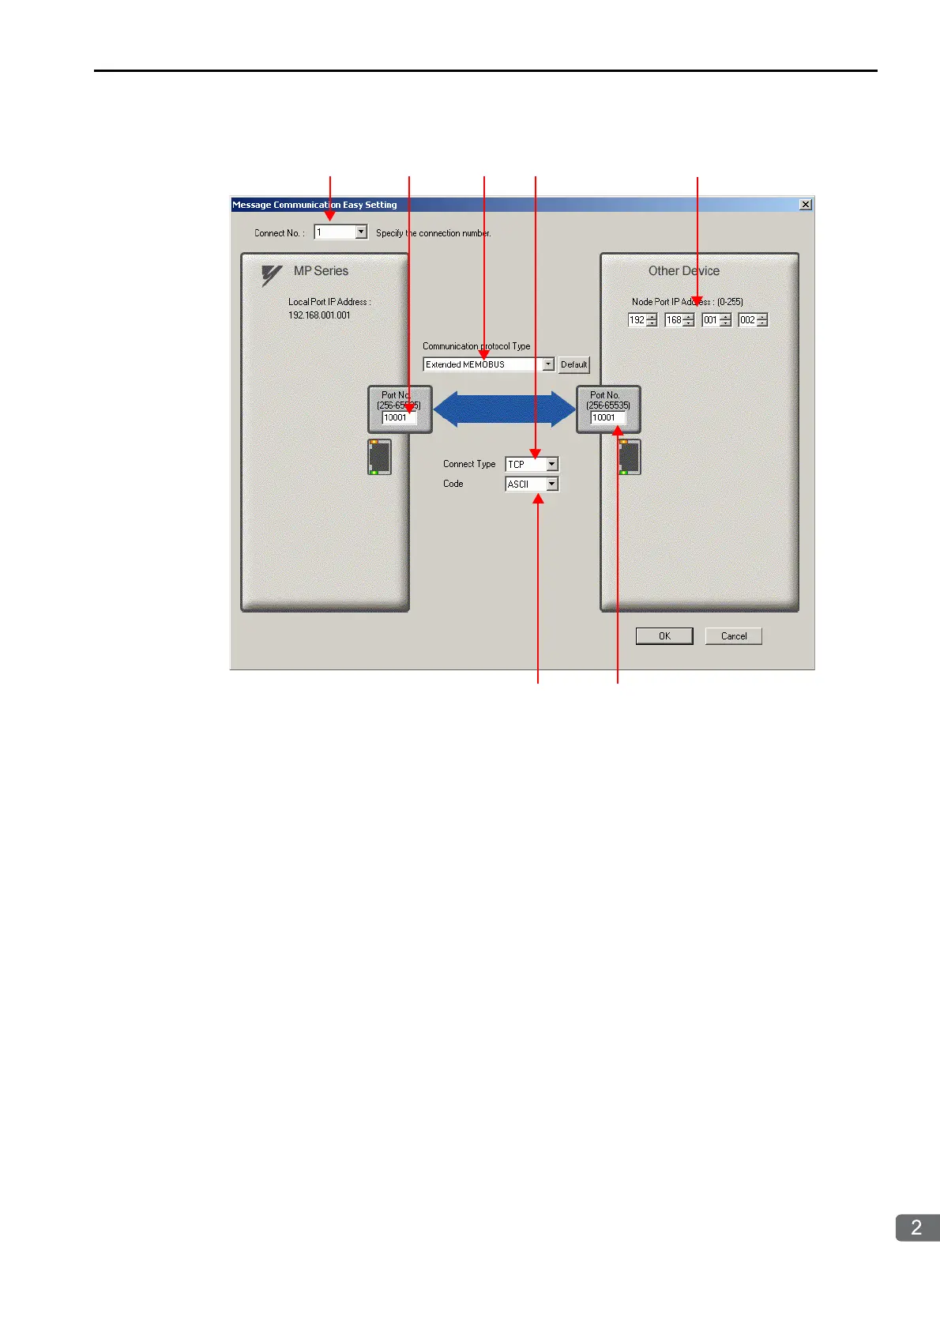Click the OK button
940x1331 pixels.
point(664,636)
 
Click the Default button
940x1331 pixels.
point(573,364)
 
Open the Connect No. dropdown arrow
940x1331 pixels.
point(361,232)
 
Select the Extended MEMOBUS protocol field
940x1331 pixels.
point(483,364)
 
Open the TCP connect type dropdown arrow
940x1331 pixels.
point(552,465)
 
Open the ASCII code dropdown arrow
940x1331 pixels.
point(552,485)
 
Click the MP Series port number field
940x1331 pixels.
point(397,418)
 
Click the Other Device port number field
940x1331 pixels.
point(607,418)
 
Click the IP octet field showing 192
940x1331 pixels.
point(637,320)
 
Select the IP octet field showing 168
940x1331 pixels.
point(673,320)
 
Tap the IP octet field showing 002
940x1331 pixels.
point(747,320)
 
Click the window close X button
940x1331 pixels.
point(805,205)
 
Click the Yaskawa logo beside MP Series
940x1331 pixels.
point(272,275)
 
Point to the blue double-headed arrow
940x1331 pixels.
point(504,409)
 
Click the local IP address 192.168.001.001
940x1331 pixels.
point(319,315)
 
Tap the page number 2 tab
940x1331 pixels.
point(916,1227)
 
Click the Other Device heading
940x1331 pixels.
point(684,271)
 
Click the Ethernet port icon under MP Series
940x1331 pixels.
point(380,457)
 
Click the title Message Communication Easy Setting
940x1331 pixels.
point(314,205)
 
